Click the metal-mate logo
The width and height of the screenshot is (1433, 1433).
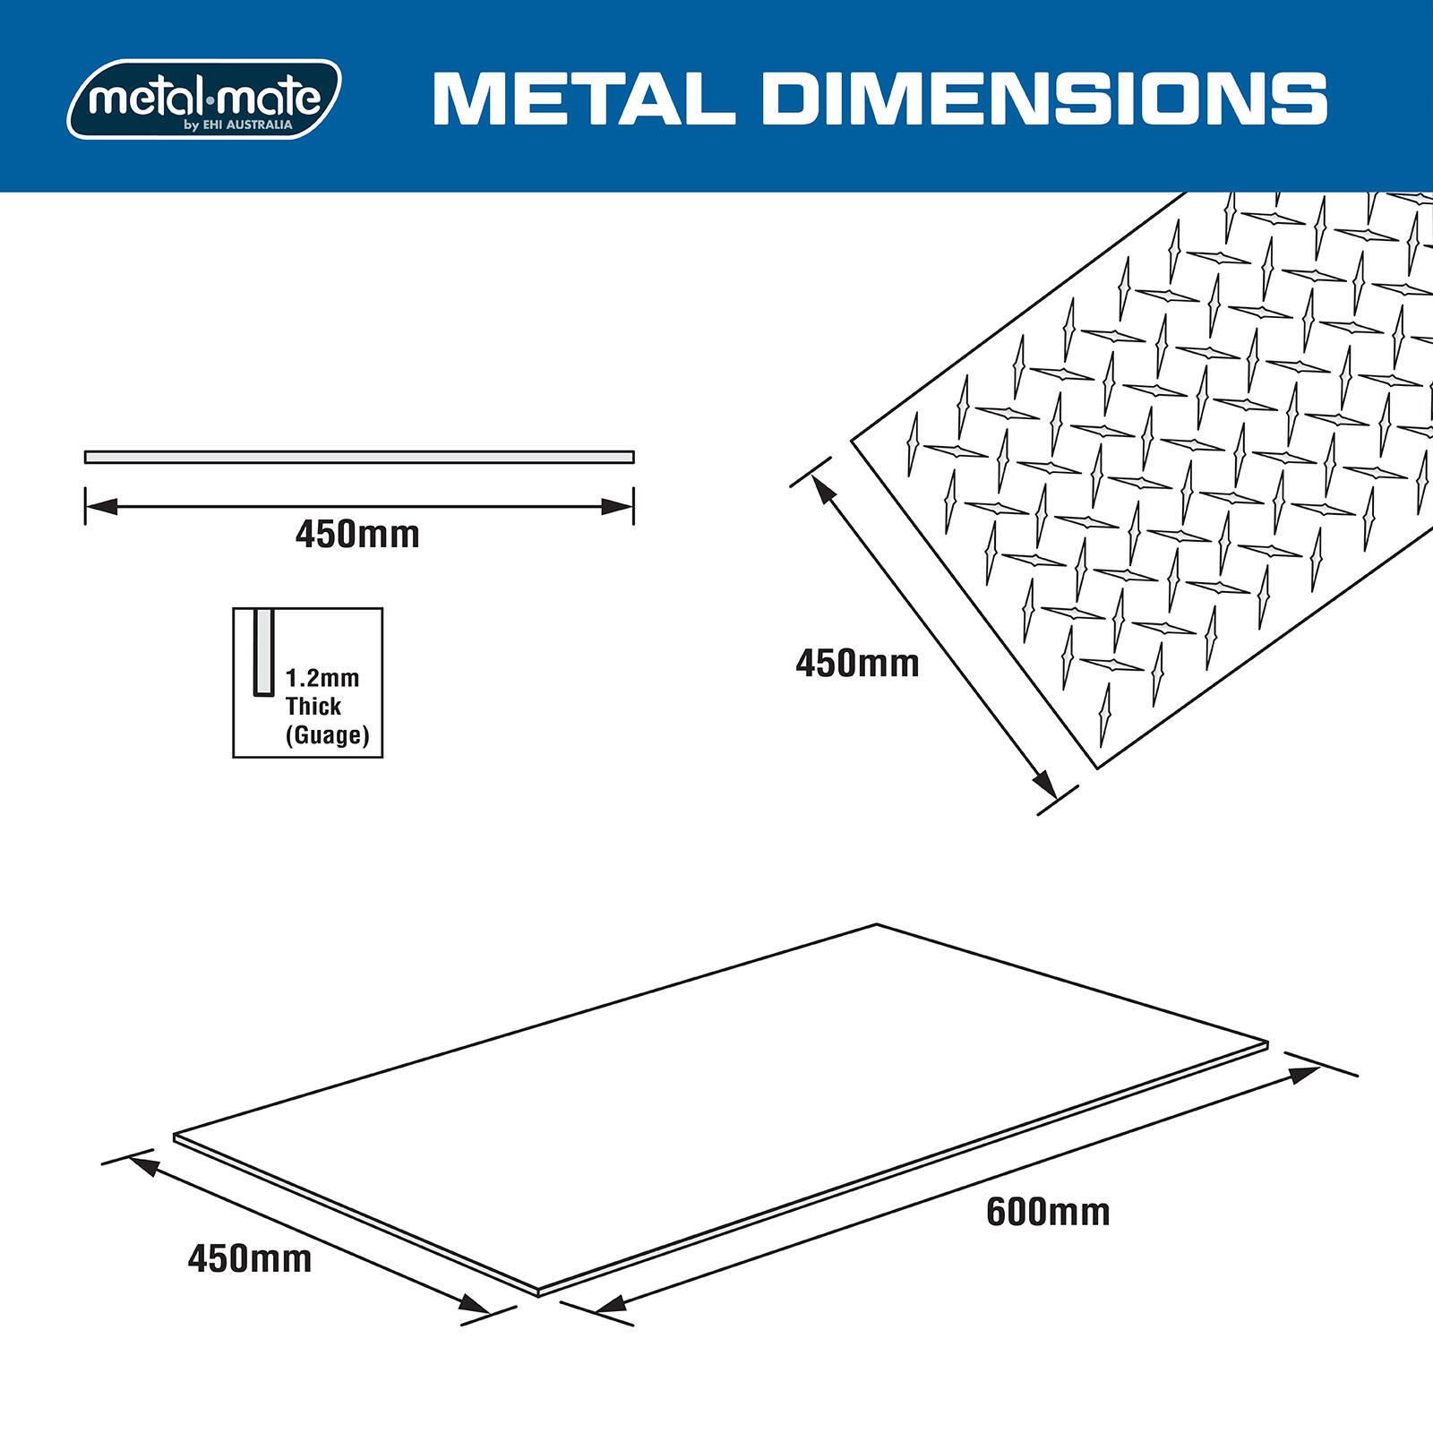[204, 99]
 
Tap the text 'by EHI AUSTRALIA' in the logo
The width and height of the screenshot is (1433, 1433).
[238, 125]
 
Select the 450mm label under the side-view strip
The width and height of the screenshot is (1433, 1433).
[357, 535]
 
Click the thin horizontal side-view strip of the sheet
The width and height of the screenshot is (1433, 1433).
[358, 457]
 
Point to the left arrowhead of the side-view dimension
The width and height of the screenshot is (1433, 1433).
[101, 506]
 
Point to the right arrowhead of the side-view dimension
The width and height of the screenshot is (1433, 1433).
[618, 506]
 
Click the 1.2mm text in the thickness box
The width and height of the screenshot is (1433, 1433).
[322, 678]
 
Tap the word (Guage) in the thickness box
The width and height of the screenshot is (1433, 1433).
[327, 735]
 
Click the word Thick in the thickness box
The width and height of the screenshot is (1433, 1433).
[313, 707]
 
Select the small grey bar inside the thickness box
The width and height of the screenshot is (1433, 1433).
[263, 652]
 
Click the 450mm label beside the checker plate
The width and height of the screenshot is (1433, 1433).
[857, 664]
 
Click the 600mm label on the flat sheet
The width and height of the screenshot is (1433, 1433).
[1048, 1212]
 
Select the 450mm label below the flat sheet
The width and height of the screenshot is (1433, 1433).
[250, 1258]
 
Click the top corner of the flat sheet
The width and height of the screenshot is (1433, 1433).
[877, 925]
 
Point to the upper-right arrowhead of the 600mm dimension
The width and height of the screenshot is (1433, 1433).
[1304, 1074]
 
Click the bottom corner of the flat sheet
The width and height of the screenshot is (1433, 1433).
[537, 1292]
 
